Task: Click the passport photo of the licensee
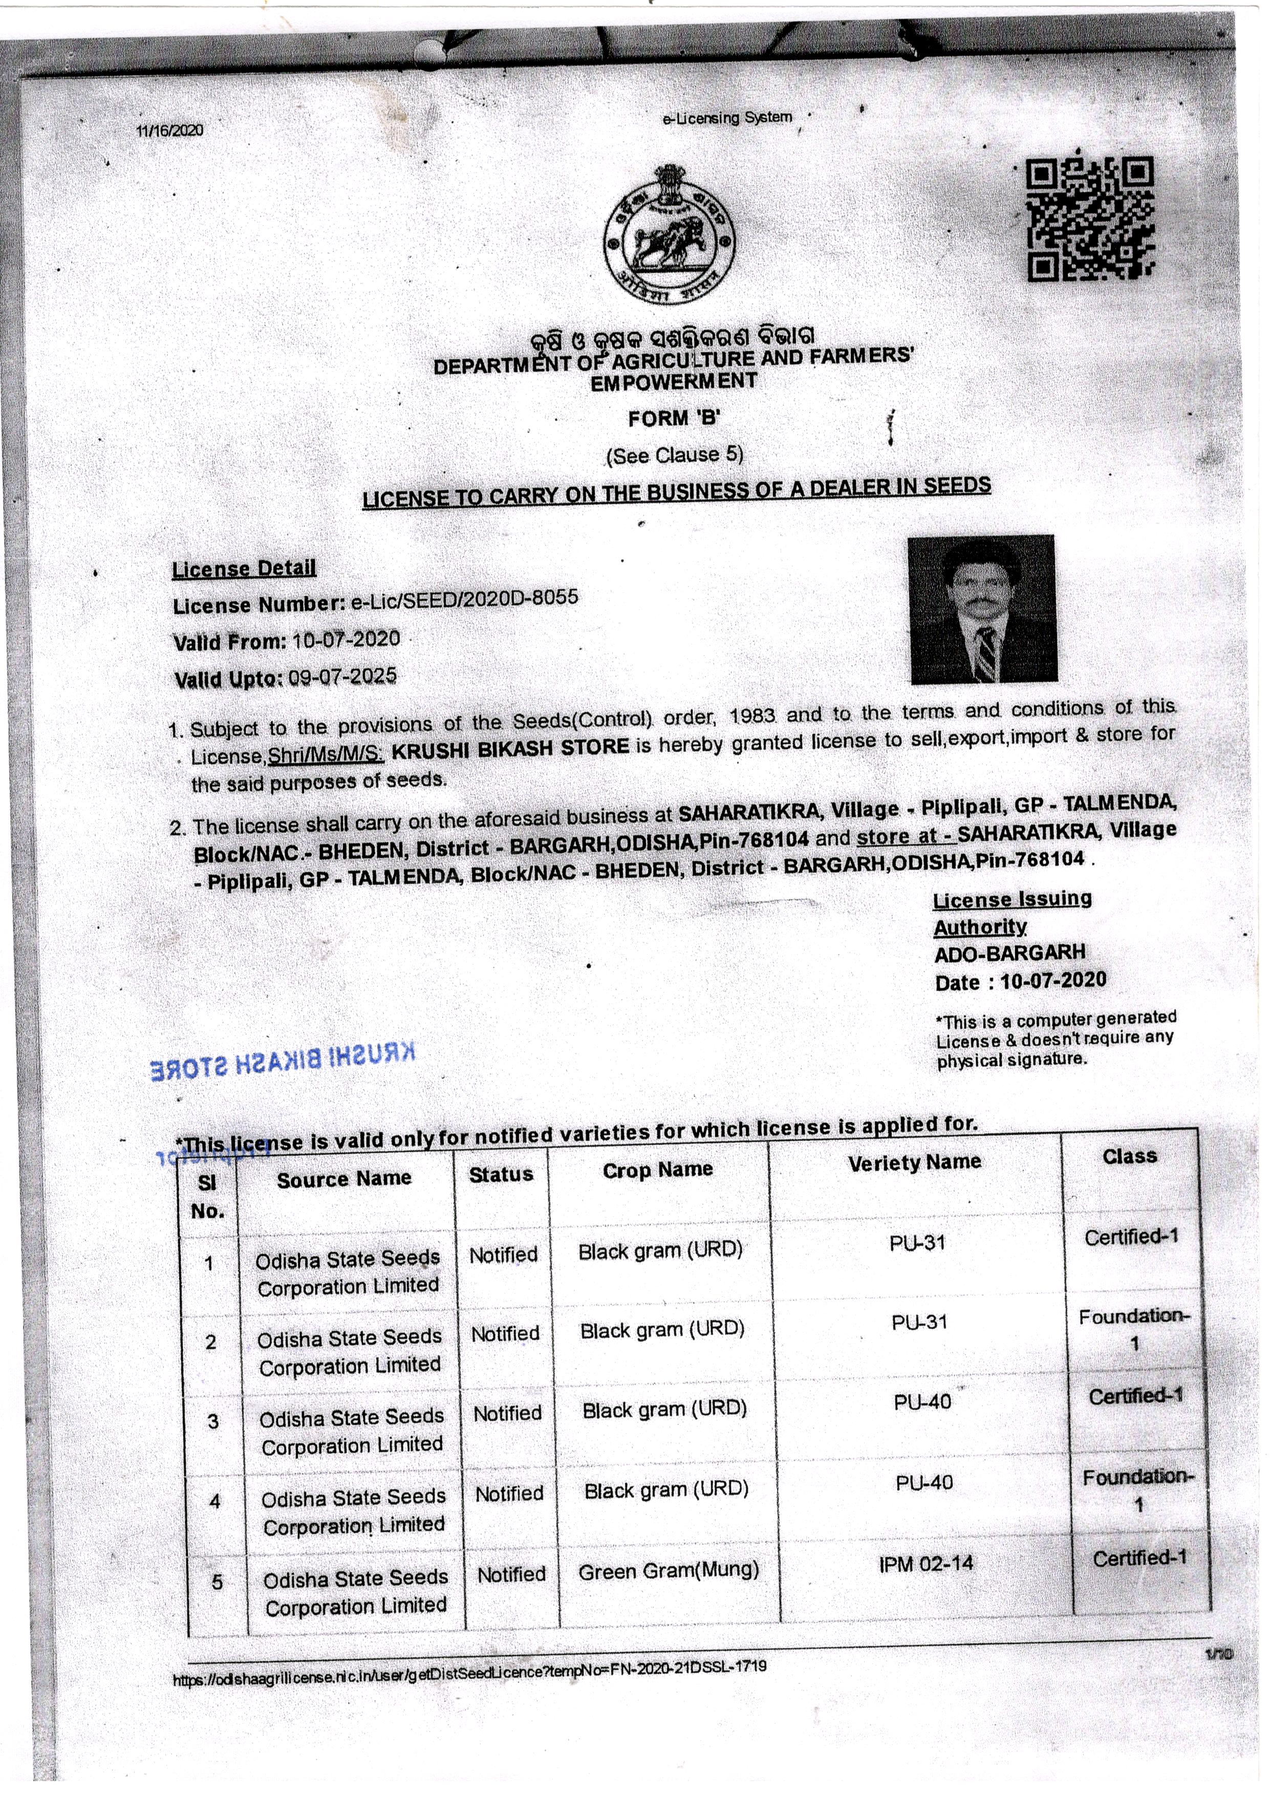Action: (982, 608)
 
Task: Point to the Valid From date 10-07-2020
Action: (346, 639)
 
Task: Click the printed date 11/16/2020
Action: (170, 130)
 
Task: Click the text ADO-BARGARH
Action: (1009, 953)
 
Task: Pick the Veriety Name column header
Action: (914, 1162)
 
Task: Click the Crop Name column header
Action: (658, 1170)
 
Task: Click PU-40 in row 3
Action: (923, 1402)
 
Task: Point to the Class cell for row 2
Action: (1134, 1329)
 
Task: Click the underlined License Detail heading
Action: (244, 568)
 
